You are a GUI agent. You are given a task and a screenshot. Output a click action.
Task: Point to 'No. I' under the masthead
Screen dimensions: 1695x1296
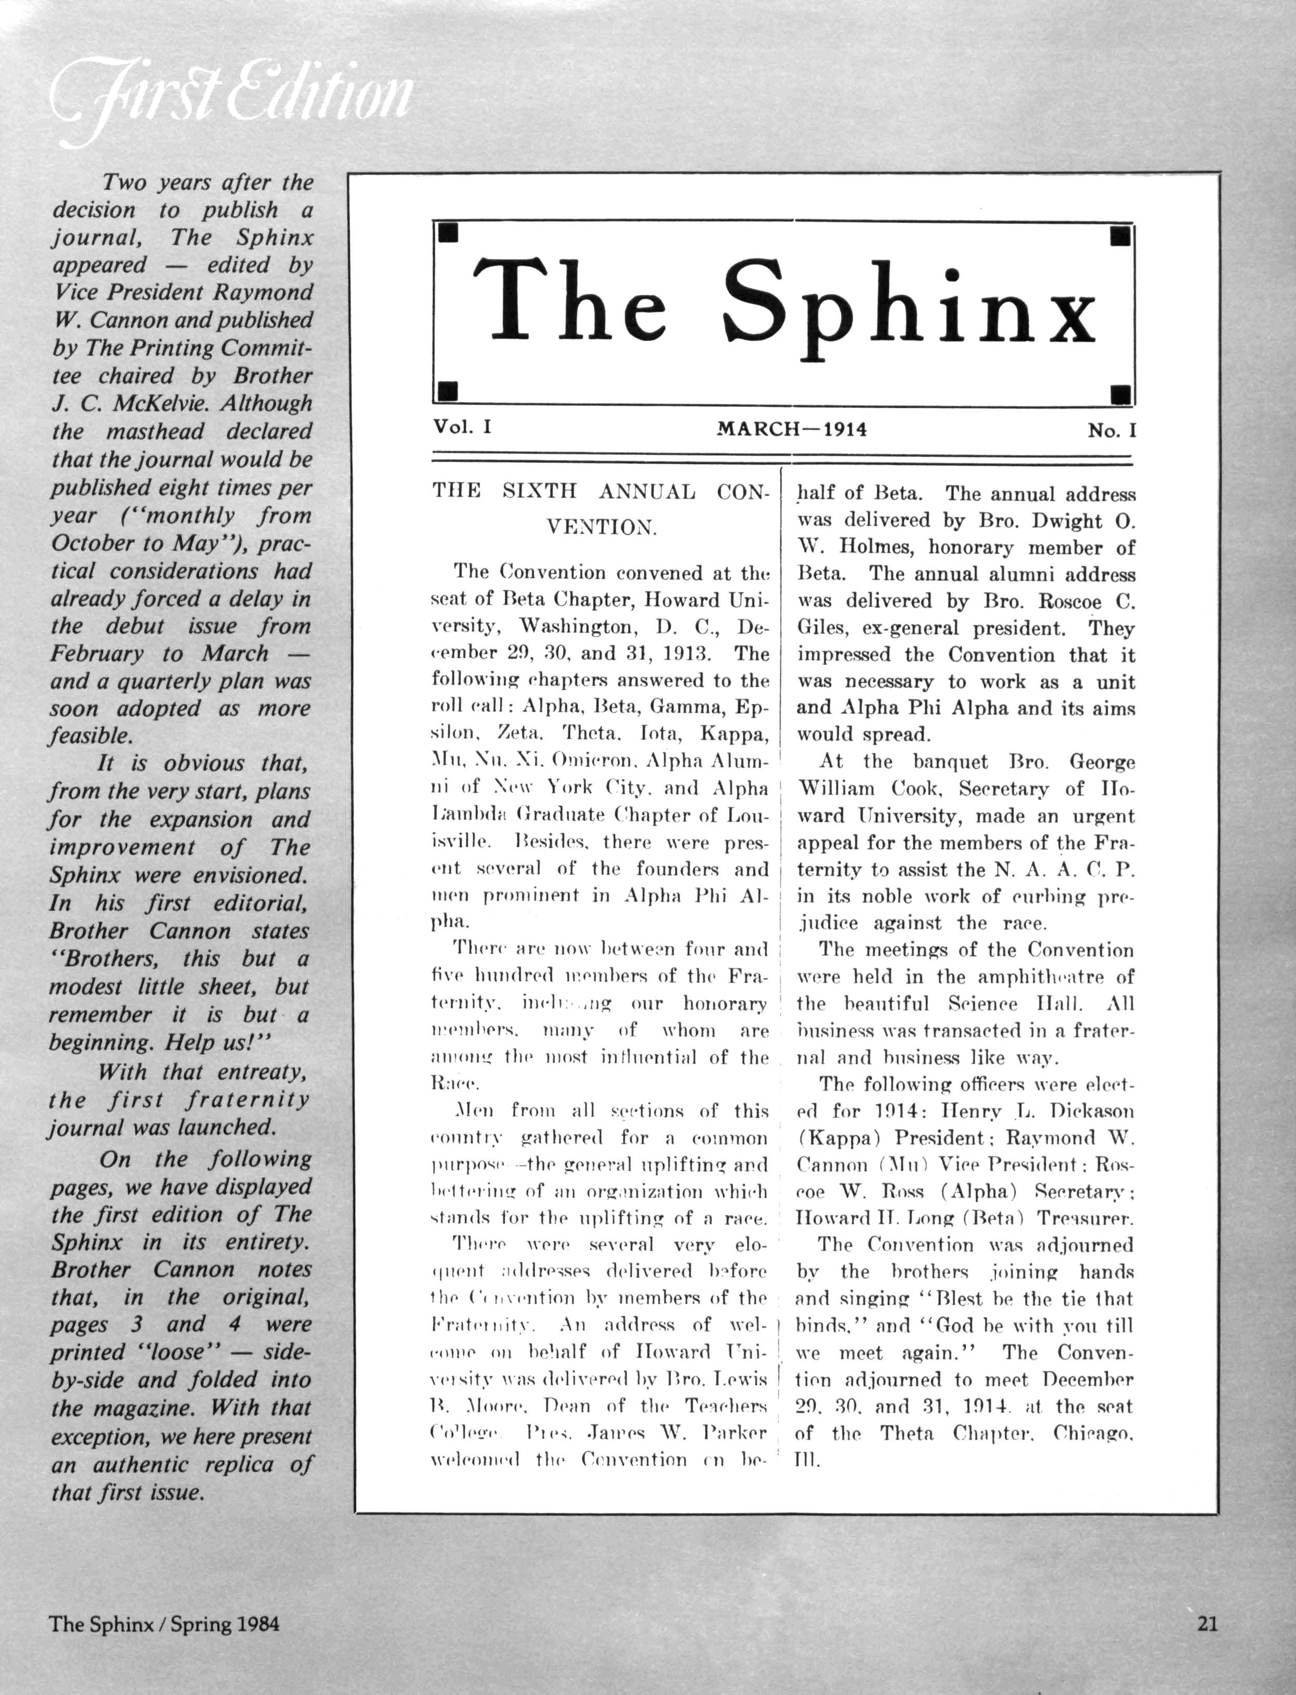click(x=1112, y=430)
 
